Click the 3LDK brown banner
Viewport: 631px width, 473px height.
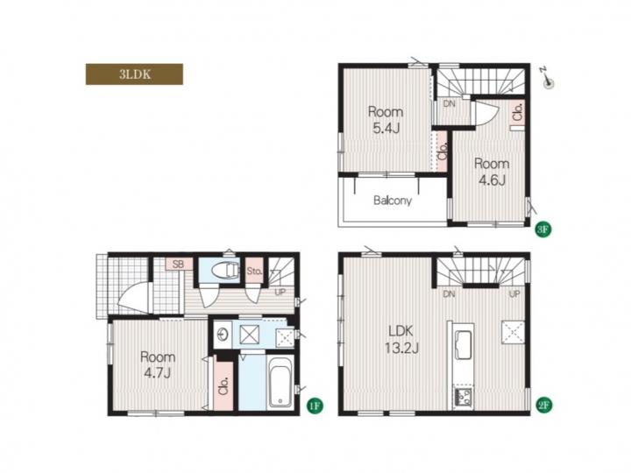[134, 74]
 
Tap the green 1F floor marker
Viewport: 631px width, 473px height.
[315, 406]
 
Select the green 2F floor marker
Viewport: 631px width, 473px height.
[543, 405]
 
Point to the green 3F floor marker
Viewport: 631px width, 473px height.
[542, 229]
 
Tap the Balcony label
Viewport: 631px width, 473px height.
[393, 201]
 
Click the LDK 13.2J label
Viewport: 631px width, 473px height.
[401, 340]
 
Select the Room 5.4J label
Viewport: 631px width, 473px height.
[386, 120]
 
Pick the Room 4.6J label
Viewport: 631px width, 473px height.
[492, 172]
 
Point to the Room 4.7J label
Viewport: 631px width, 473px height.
[158, 364]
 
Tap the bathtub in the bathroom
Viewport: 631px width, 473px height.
[280, 381]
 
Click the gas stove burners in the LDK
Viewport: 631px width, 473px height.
[464, 398]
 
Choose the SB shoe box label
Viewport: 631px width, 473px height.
[178, 265]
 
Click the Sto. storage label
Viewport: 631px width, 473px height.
[254, 271]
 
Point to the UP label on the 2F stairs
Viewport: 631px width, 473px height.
[514, 294]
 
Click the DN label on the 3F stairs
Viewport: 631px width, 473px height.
[449, 103]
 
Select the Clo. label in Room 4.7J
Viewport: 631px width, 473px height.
[223, 385]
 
